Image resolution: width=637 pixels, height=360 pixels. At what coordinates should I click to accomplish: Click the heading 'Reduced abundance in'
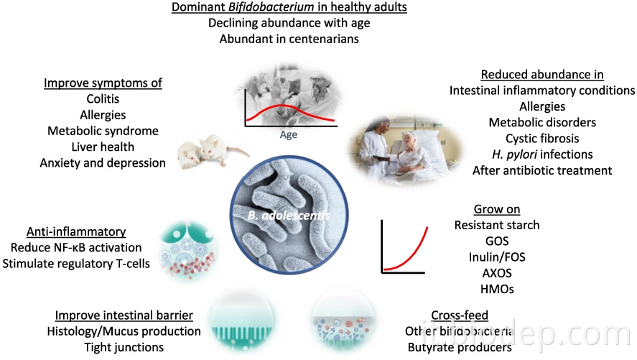click(542, 75)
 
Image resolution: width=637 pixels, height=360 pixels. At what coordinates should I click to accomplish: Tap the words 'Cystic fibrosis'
click(542, 138)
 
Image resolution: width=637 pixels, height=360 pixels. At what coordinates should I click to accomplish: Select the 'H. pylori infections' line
click(542, 154)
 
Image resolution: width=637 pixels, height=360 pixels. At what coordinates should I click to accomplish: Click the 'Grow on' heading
click(497, 209)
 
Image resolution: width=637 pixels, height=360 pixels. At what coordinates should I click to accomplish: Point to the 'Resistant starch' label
click(497, 225)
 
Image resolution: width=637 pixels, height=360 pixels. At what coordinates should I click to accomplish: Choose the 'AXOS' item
click(497, 274)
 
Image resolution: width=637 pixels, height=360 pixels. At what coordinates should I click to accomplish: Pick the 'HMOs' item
click(497, 290)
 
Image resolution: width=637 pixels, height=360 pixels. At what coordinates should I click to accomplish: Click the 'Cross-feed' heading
click(460, 315)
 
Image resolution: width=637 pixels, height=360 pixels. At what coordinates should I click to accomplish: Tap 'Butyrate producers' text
click(460, 347)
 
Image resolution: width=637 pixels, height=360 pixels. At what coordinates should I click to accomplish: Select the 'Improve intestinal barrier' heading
click(124, 315)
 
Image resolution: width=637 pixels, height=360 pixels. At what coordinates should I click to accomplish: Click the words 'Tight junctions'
click(124, 347)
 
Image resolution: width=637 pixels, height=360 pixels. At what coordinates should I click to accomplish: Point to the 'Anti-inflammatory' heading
click(76, 231)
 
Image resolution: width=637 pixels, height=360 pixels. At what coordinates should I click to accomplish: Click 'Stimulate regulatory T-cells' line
click(76, 263)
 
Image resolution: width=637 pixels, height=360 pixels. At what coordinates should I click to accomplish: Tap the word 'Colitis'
click(103, 99)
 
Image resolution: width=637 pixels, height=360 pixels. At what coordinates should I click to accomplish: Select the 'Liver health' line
click(103, 147)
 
